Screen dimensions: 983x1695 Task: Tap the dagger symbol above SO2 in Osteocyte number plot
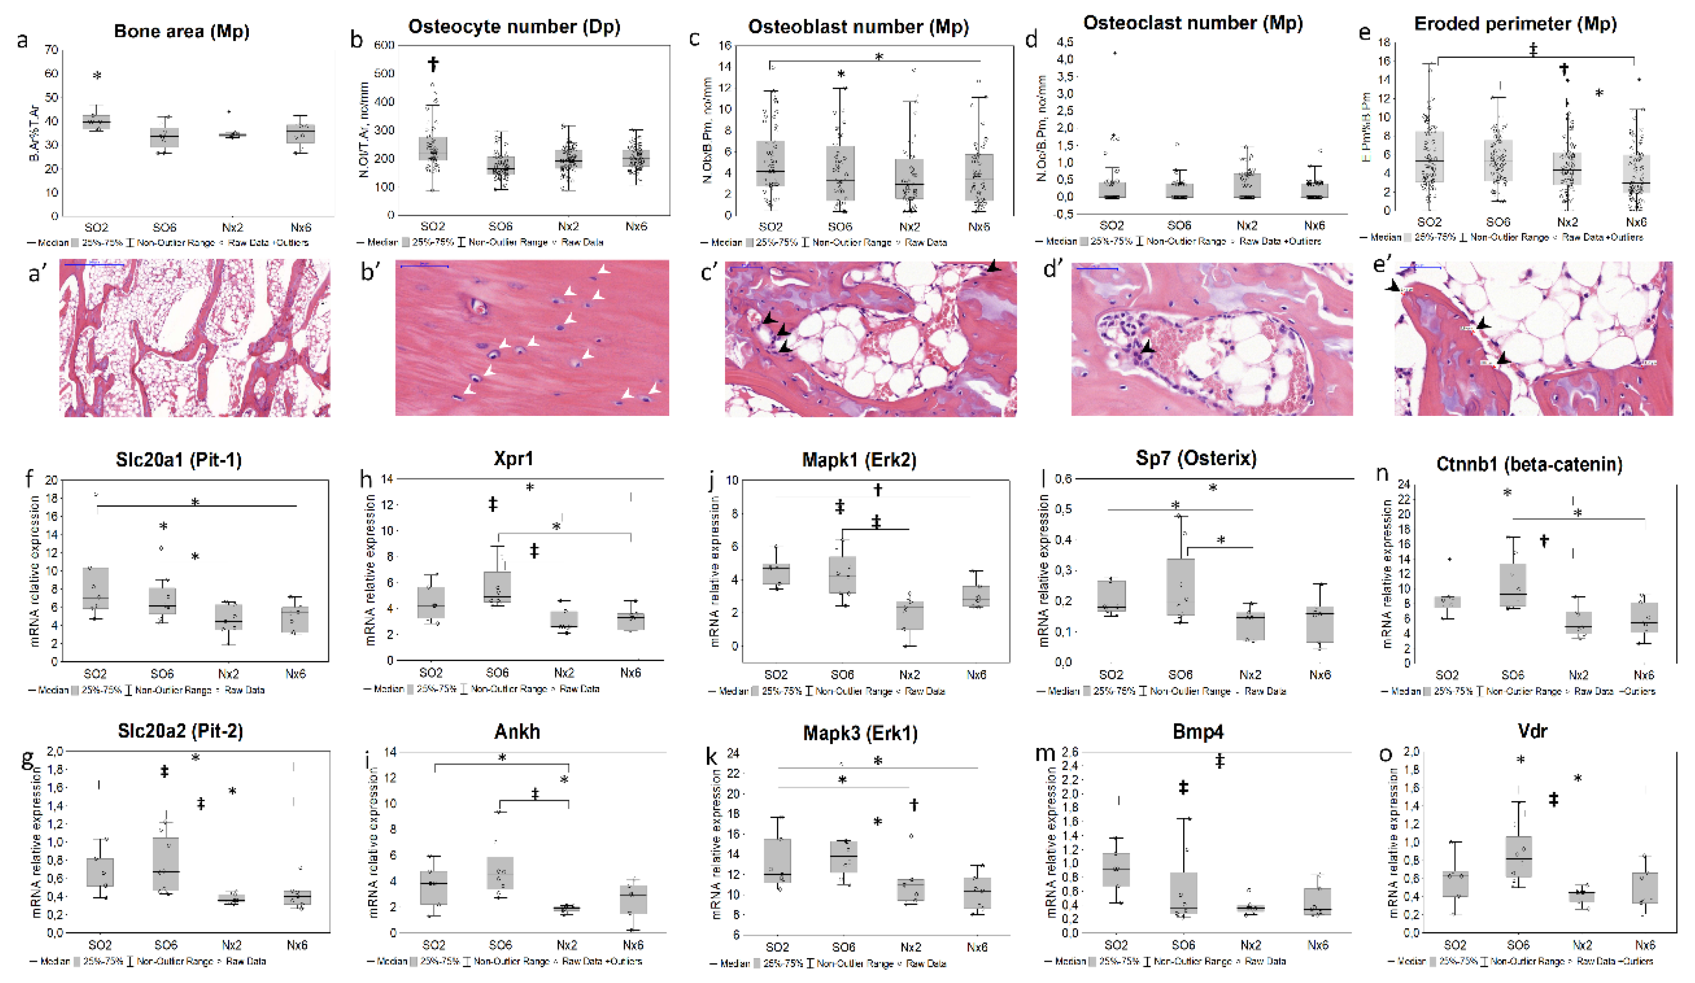(x=433, y=64)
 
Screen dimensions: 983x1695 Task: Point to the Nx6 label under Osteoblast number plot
(x=979, y=226)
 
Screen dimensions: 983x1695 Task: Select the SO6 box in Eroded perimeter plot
(x=1497, y=160)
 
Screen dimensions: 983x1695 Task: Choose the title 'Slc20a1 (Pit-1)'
(x=178, y=460)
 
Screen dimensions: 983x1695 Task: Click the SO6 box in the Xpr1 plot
(x=497, y=587)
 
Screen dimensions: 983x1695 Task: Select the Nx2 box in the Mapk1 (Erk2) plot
(x=909, y=615)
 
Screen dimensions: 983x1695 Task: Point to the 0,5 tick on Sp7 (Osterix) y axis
(x=1063, y=509)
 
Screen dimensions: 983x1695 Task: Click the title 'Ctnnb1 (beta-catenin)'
(x=1528, y=464)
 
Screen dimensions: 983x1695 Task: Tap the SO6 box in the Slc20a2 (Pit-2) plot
(x=166, y=864)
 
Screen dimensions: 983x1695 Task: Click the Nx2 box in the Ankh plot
(x=567, y=908)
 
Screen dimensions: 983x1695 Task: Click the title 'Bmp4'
(x=1197, y=732)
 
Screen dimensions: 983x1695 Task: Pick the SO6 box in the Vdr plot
(x=1518, y=857)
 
